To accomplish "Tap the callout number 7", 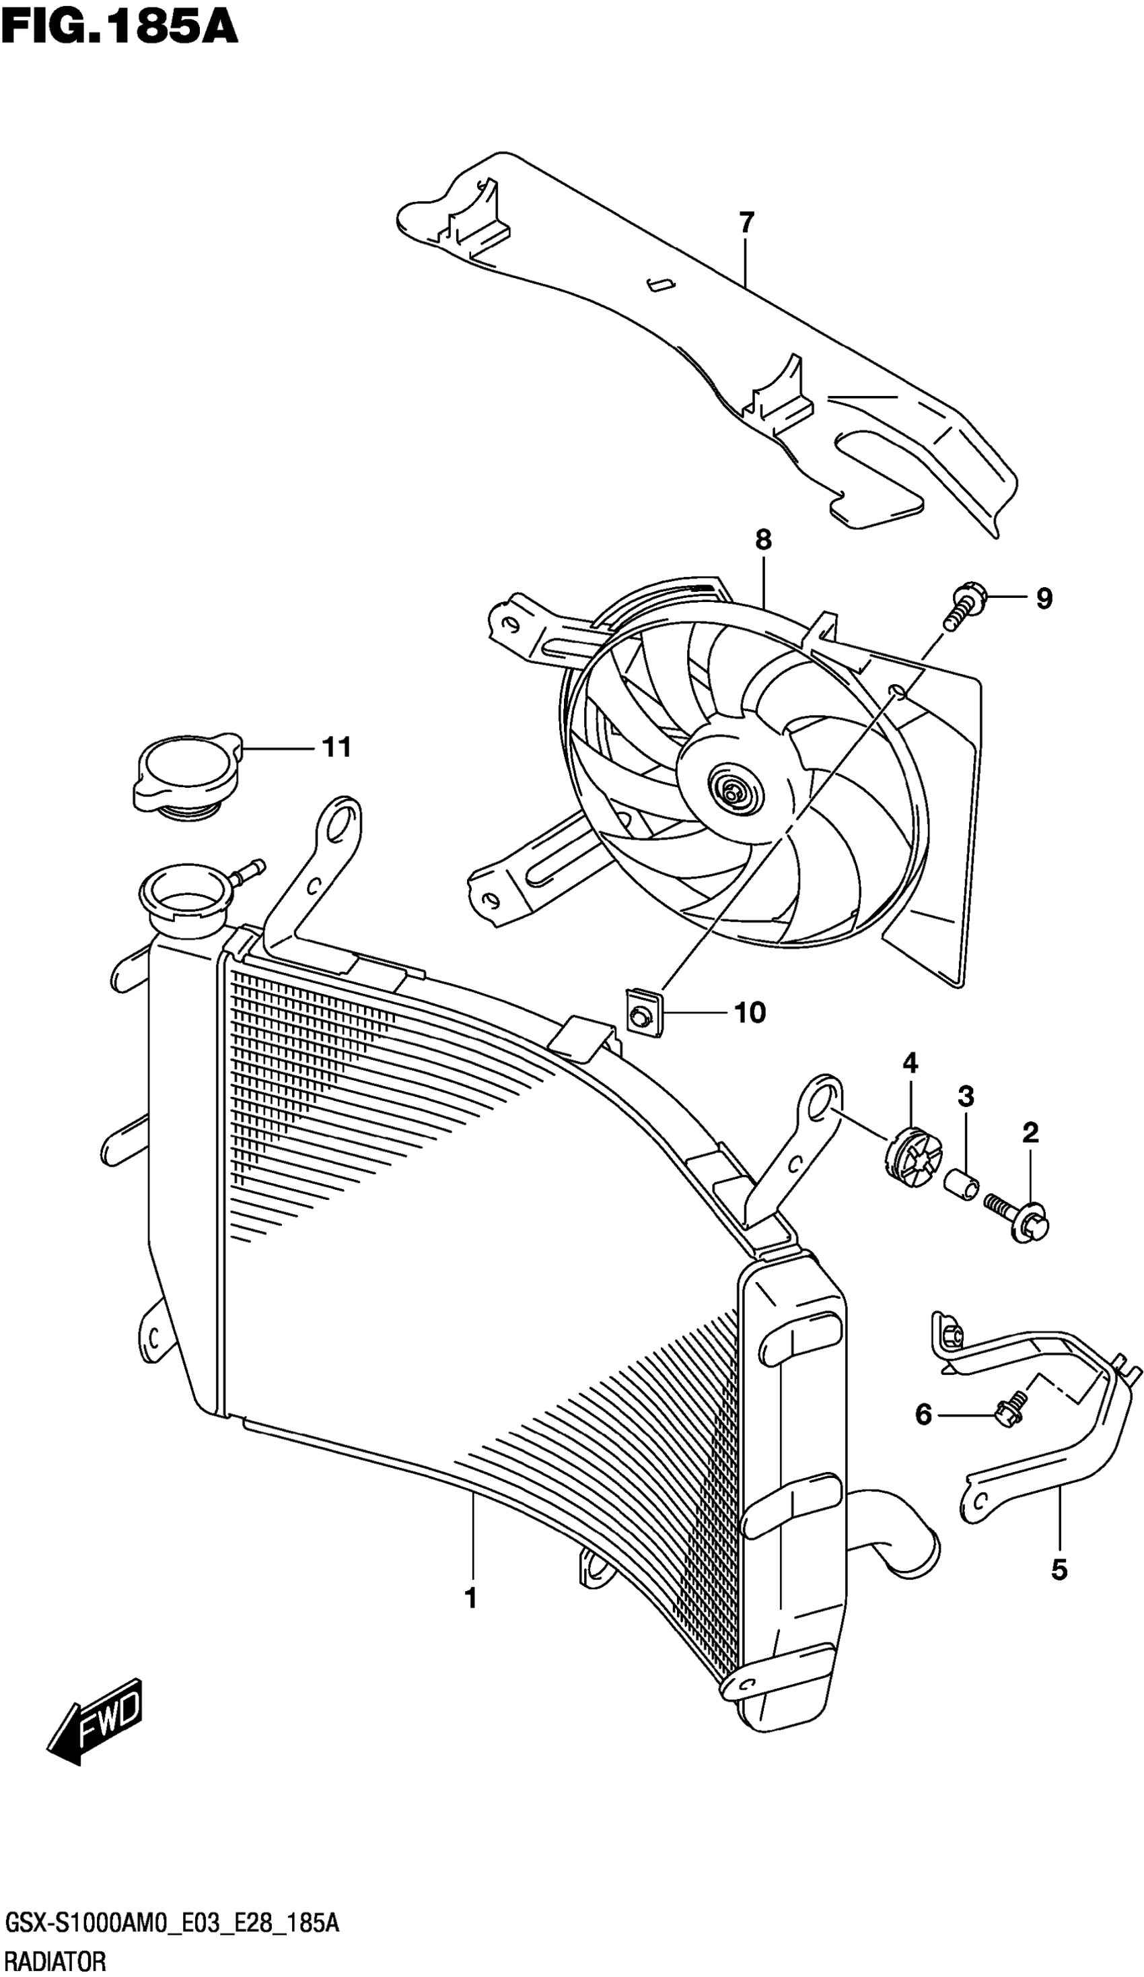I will [x=746, y=223].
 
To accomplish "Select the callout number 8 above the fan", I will [x=763, y=540].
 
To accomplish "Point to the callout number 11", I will [x=336, y=747].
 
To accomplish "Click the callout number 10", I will [x=750, y=1013].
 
